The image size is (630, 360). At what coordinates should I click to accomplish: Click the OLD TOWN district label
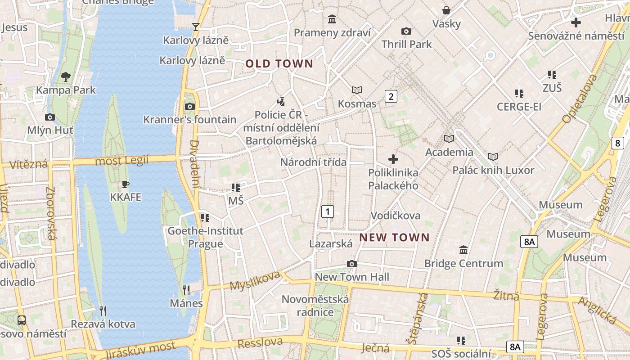click(279, 64)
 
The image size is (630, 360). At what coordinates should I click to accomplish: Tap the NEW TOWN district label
click(394, 237)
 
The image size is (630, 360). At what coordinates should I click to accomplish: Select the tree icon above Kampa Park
click(66, 77)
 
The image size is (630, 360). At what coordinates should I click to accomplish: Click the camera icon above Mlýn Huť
click(50, 117)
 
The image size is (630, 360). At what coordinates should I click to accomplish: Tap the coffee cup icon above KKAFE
click(126, 184)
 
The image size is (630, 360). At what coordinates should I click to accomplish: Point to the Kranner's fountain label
click(189, 120)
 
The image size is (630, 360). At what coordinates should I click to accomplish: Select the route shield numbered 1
click(328, 211)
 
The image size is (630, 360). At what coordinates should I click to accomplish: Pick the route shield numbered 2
click(391, 96)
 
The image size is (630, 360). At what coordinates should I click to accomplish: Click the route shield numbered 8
click(618, 144)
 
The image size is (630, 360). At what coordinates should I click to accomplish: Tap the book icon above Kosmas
click(357, 90)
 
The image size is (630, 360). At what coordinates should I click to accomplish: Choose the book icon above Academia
click(449, 139)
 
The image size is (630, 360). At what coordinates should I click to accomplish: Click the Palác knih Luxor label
click(493, 171)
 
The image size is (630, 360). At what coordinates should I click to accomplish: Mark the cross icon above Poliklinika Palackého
click(393, 159)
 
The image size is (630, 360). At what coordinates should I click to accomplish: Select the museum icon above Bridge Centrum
click(463, 250)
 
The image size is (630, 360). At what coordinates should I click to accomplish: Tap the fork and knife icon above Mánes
click(186, 289)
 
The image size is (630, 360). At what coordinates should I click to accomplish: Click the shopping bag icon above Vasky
click(446, 10)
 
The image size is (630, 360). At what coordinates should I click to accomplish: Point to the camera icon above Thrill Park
click(406, 31)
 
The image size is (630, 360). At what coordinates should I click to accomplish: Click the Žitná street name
click(506, 295)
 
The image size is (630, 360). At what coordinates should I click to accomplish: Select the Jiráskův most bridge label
click(140, 350)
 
